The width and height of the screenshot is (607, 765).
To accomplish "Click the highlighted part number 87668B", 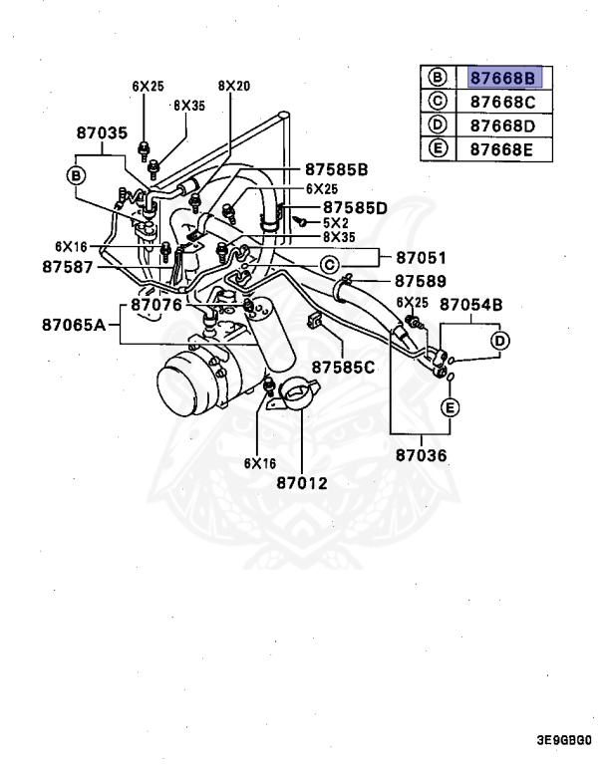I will pyautogui.click(x=502, y=78).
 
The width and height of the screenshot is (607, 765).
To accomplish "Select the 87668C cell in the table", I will pyautogui.click(x=502, y=102).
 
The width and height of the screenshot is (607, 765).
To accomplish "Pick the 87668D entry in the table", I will pyautogui.click(x=502, y=126).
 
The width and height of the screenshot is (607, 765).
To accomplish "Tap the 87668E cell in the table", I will pyautogui.click(x=502, y=149).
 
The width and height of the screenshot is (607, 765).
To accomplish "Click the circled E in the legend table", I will pyautogui.click(x=436, y=149).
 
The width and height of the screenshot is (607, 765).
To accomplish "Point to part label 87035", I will pyautogui.click(x=103, y=131).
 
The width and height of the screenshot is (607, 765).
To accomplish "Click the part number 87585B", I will pyautogui.click(x=337, y=169).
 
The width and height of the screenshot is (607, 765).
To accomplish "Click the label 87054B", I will pyautogui.click(x=470, y=304).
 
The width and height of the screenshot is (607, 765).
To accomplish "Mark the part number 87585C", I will pyautogui.click(x=343, y=368).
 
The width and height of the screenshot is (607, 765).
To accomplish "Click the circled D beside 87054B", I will pyautogui.click(x=499, y=341).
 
